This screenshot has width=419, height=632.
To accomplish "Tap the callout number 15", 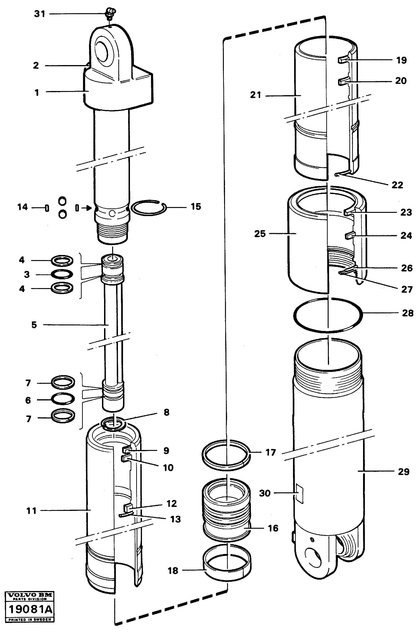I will [x=196, y=207].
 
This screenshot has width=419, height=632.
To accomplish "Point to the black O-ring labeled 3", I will [x=62, y=274].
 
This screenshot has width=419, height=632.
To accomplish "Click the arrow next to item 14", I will [x=86, y=208].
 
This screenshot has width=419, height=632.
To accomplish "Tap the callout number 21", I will [x=255, y=95].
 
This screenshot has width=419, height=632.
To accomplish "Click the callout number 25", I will [x=259, y=234].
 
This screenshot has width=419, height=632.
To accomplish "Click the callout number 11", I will [x=31, y=511].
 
